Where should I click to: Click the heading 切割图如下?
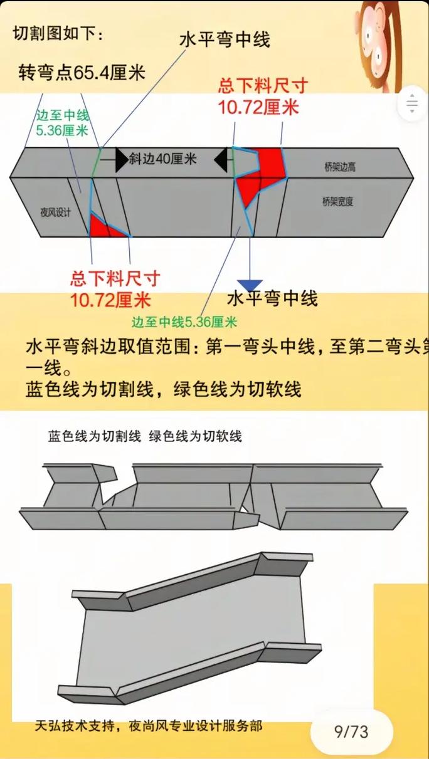click(x=58, y=34)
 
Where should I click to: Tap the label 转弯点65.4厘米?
click(x=82, y=73)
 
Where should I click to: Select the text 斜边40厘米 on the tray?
click(x=162, y=159)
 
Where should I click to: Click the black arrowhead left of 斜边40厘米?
click(x=121, y=160)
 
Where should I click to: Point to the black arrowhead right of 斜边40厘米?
click(x=220, y=160)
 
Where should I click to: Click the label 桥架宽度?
click(x=337, y=201)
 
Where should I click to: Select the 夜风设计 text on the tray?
click(x=55, y=212)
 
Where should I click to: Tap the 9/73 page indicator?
click(x=351, y=731)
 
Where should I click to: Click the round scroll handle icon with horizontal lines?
click(x=412, y=103)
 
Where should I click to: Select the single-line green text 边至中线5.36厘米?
click(x=184, y=323)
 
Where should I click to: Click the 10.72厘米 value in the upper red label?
click(x=258, y=107)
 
